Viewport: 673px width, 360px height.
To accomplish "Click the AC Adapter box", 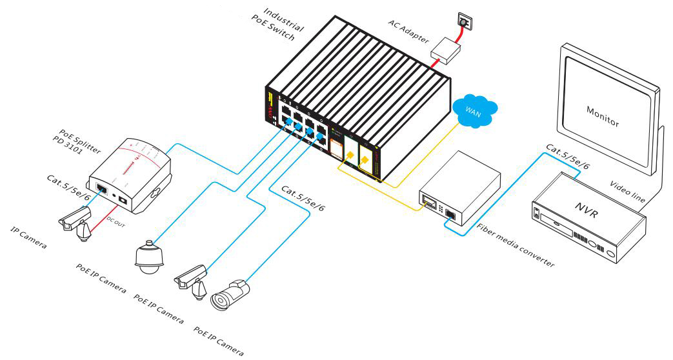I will tap(446, 48).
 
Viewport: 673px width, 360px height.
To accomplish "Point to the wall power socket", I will tap(463, 22).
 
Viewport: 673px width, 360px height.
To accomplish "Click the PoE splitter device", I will tap(130, 174).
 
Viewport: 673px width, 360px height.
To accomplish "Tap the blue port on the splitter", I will tap(101, 189).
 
